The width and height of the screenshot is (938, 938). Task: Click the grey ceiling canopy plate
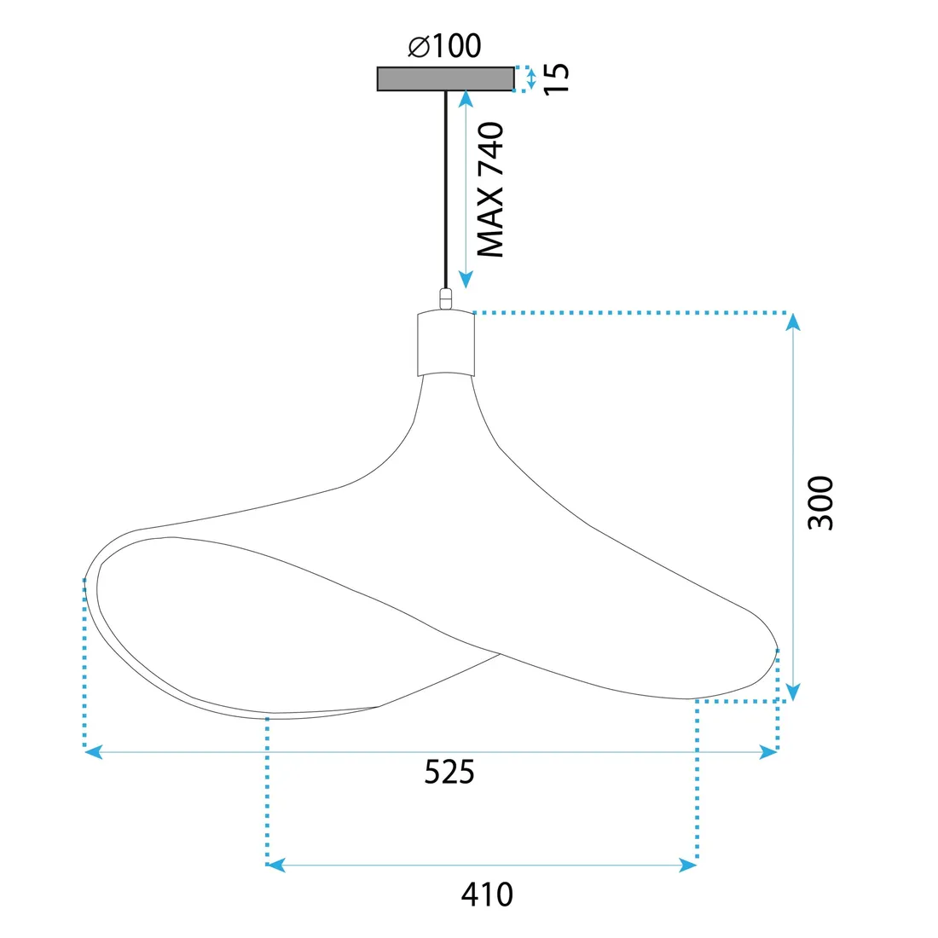[445, 78]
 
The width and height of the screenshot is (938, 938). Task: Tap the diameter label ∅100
[444, 46]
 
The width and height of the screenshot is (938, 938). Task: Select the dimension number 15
[556, 78]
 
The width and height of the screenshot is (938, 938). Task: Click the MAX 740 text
[491, 190]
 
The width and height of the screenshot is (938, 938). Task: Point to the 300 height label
[820, 503]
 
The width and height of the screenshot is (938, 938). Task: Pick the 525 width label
[449, 772]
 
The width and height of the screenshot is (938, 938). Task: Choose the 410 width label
[487, 895]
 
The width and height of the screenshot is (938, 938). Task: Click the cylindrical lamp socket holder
[445, 344]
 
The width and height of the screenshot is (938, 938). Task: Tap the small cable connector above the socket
[445, 298]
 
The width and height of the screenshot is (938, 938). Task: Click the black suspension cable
[445, 188]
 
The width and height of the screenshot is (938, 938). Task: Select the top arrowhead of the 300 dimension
[793, 322]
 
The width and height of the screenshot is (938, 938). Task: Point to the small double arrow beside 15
[531, 79]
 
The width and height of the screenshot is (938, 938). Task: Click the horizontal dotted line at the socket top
[631, 313]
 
